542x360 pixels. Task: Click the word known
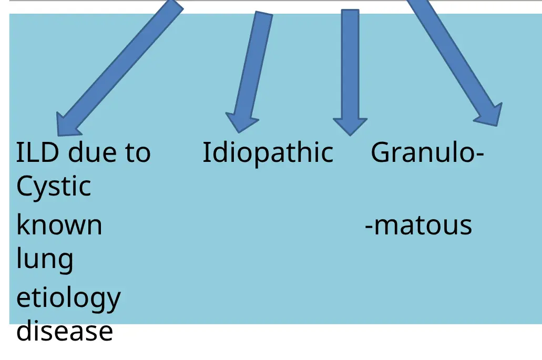point(59,225)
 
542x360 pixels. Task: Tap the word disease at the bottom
point(64,332)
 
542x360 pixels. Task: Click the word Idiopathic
point(268,153)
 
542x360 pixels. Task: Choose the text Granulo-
point(427,153)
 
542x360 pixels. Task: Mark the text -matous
point(418,225)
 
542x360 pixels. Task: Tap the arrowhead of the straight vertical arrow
point(350,126)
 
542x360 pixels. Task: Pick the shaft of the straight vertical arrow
point(350,63)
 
